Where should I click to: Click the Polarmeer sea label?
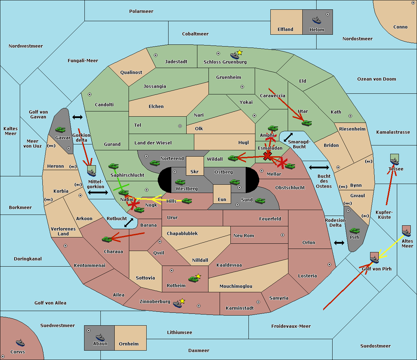point(141,11)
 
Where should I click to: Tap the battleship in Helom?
point(317,20)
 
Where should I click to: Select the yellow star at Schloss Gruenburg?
point(239,52)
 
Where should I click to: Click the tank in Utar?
point(306,123)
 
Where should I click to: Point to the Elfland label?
point(285,30)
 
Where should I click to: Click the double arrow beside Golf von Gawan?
point(77,117)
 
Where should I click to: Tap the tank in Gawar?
point(60,129)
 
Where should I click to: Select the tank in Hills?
point(187,201)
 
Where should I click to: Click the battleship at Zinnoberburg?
point(178,304)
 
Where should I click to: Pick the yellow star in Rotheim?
point(198,276)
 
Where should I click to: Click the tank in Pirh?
point(354,231)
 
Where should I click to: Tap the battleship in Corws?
point(21,343)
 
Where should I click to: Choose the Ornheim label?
point(129,344)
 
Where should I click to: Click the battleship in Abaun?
point(100,337)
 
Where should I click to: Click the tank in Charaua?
point(107,239)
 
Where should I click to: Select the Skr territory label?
point(195,172)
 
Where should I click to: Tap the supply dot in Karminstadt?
point(258,302)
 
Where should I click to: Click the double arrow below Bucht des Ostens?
point(339,243)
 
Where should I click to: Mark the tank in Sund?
point(260,200)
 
